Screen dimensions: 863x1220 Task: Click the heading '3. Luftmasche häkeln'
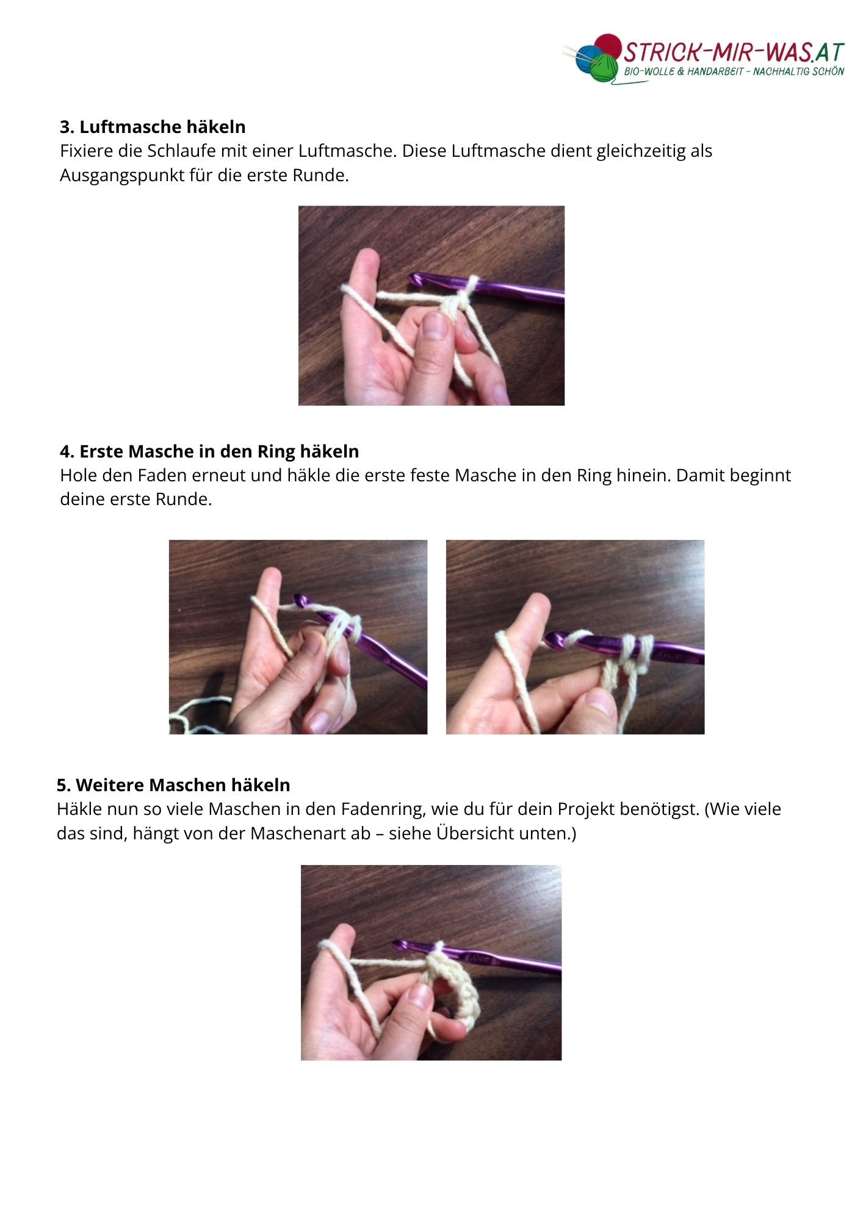[153, 127]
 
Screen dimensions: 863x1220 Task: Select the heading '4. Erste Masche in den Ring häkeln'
[209, 451]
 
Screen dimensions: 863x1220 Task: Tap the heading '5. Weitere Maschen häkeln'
[173, 785]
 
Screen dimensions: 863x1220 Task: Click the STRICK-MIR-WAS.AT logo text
[734, 52]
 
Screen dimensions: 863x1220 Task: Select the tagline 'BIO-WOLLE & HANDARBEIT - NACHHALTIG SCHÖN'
[734, 72]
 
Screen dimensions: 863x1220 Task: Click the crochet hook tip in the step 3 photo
[415, 281]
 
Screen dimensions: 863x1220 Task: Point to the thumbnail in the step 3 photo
[435, 326]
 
